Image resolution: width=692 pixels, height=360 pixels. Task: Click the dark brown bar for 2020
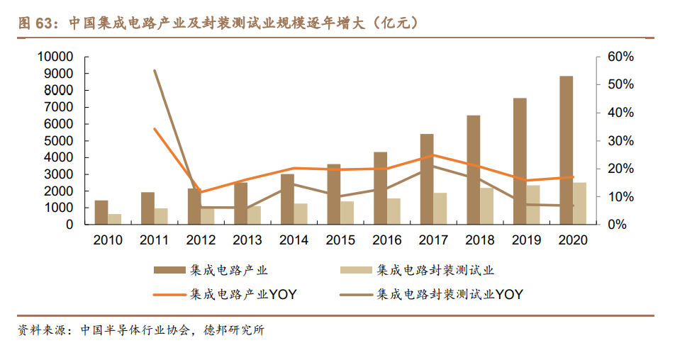tap(566, 150)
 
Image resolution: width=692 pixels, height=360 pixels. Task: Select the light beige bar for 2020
tap(580, 203)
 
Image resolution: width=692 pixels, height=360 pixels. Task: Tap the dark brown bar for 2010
tap(101, 213)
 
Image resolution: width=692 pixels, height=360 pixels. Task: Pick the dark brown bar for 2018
tap(474, 170)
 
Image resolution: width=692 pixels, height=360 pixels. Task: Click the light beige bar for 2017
tap(440, 208)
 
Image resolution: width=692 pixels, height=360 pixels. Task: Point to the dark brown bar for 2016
tap(380, 188)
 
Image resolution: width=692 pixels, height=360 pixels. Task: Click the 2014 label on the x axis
tap(294, 240)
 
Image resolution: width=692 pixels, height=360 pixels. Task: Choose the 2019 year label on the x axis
tap(526, 240)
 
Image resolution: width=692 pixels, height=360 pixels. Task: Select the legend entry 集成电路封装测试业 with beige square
tap(425, 270)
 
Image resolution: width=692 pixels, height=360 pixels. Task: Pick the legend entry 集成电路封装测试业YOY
tap(440, 294)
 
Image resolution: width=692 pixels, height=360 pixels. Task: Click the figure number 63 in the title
tap(45, 23)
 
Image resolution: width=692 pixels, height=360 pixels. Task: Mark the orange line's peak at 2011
tap(155, 128)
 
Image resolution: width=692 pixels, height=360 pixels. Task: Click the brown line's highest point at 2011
tap(155, 71)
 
